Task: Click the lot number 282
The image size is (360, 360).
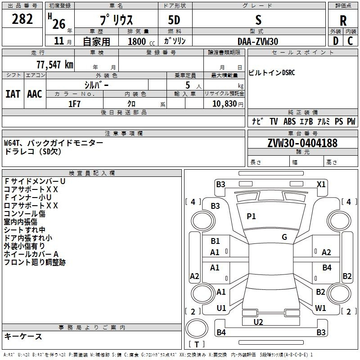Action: point(22,19)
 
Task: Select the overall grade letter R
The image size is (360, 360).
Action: point(343,20)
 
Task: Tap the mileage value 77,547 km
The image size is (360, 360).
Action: point(53,64)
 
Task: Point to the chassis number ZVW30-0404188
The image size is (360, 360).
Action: point(302,144)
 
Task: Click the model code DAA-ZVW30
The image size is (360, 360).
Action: point(258,41)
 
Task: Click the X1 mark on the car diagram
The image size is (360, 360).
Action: point(321,184)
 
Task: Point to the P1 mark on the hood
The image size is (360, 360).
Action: point(251,216)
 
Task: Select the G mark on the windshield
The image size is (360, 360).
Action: point(284,237)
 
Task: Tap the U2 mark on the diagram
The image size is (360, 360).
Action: point(258,322)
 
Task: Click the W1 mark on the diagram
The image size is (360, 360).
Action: point(320,308)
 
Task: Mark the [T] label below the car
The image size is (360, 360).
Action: point(197,345)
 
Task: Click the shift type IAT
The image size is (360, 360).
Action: point(13,94)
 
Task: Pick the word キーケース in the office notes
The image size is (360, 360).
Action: point(23,337)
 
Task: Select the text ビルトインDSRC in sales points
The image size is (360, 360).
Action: point(272,73)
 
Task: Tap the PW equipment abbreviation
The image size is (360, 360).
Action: point(351,121)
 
